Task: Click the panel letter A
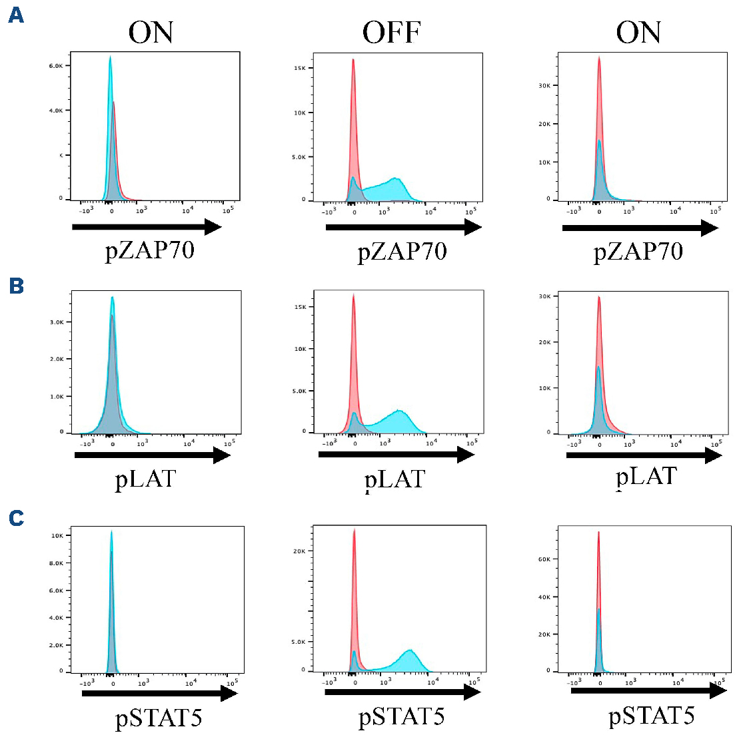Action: coord(16,15)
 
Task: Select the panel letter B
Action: coord(16,286)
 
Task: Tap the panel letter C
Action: coord(16,518)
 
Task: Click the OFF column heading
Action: coord(392,33)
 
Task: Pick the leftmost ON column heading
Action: coord(151,33)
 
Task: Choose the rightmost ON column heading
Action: coord(638,33)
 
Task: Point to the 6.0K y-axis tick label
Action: coord(55,66)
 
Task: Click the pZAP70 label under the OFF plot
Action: coord(402,252)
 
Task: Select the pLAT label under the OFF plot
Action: coord(394,480)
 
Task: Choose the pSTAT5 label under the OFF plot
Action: coord(402,717)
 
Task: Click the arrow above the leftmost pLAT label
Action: coord(153,455)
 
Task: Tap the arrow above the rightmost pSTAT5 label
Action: coord(648,691)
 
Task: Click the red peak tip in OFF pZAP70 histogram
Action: coord(353,59)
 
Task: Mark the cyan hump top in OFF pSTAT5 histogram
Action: coord(410,650)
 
